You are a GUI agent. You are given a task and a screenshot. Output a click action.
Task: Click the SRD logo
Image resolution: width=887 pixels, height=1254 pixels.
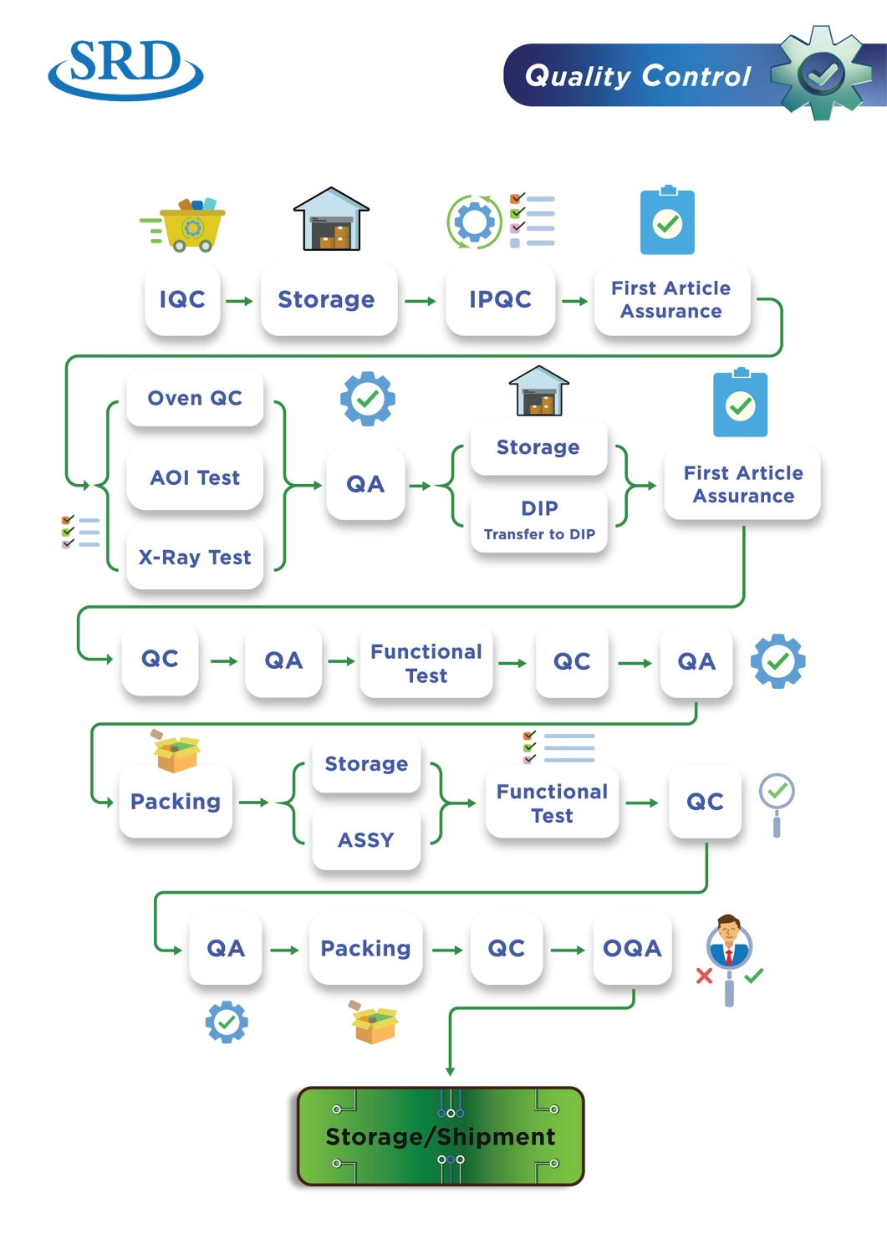pyautogui.click(x=125, y=69)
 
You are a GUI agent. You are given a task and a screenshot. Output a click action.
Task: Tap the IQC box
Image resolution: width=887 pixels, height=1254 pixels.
pyautogui.click(x=182, y=299)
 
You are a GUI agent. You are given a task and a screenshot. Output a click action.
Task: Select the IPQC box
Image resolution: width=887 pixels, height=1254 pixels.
pyautogui.click(x=500, y=299)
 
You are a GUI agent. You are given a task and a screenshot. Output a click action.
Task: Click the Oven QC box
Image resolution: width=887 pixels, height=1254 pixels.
pyautogui.click(x=195, y=398)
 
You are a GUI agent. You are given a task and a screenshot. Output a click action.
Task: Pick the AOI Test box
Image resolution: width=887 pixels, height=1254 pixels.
pyautogui.click(x=195, y=477)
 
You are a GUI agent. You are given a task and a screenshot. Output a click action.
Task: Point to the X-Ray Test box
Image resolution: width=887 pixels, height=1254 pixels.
pyautogui.click(x=195, y=558)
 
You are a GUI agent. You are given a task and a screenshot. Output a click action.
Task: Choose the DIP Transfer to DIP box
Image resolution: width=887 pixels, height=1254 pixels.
pyautogui.click(x=539, y=519)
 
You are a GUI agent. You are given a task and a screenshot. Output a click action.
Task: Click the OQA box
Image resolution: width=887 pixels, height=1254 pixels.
pyautogui.click(x=632, y=948)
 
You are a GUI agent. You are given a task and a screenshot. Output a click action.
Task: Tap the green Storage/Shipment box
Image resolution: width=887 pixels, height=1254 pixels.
pyautogui.click(x=441, y=1136)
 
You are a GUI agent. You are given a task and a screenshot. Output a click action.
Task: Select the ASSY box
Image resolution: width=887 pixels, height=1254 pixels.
pyautogui.click(x=366, y=839)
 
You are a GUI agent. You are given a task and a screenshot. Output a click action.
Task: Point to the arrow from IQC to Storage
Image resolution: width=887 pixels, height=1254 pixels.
pyautogui.click(x=240, y=301)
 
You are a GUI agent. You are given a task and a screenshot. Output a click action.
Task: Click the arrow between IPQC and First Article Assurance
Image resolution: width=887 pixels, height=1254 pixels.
pyautogui.click(x=574, y=301)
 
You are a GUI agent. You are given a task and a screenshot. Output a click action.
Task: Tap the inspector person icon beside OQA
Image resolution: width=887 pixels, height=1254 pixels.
pyautogui.click(x=729, y=945)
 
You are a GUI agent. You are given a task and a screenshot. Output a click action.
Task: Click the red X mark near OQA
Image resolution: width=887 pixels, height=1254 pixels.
pyautogui.click(x=705, y=976)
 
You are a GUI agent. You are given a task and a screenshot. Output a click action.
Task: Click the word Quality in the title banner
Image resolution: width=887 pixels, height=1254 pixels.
pyautogui.click(x=578, y=76)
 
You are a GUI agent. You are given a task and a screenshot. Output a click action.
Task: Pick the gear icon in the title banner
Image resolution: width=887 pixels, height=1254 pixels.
pyautogui.click(x=821, y=74)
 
